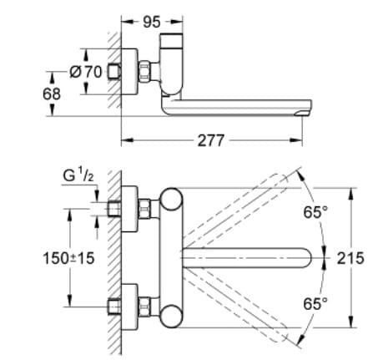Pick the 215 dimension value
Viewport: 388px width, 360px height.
pos(350,258)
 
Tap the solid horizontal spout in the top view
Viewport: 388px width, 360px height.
pos(250,257)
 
